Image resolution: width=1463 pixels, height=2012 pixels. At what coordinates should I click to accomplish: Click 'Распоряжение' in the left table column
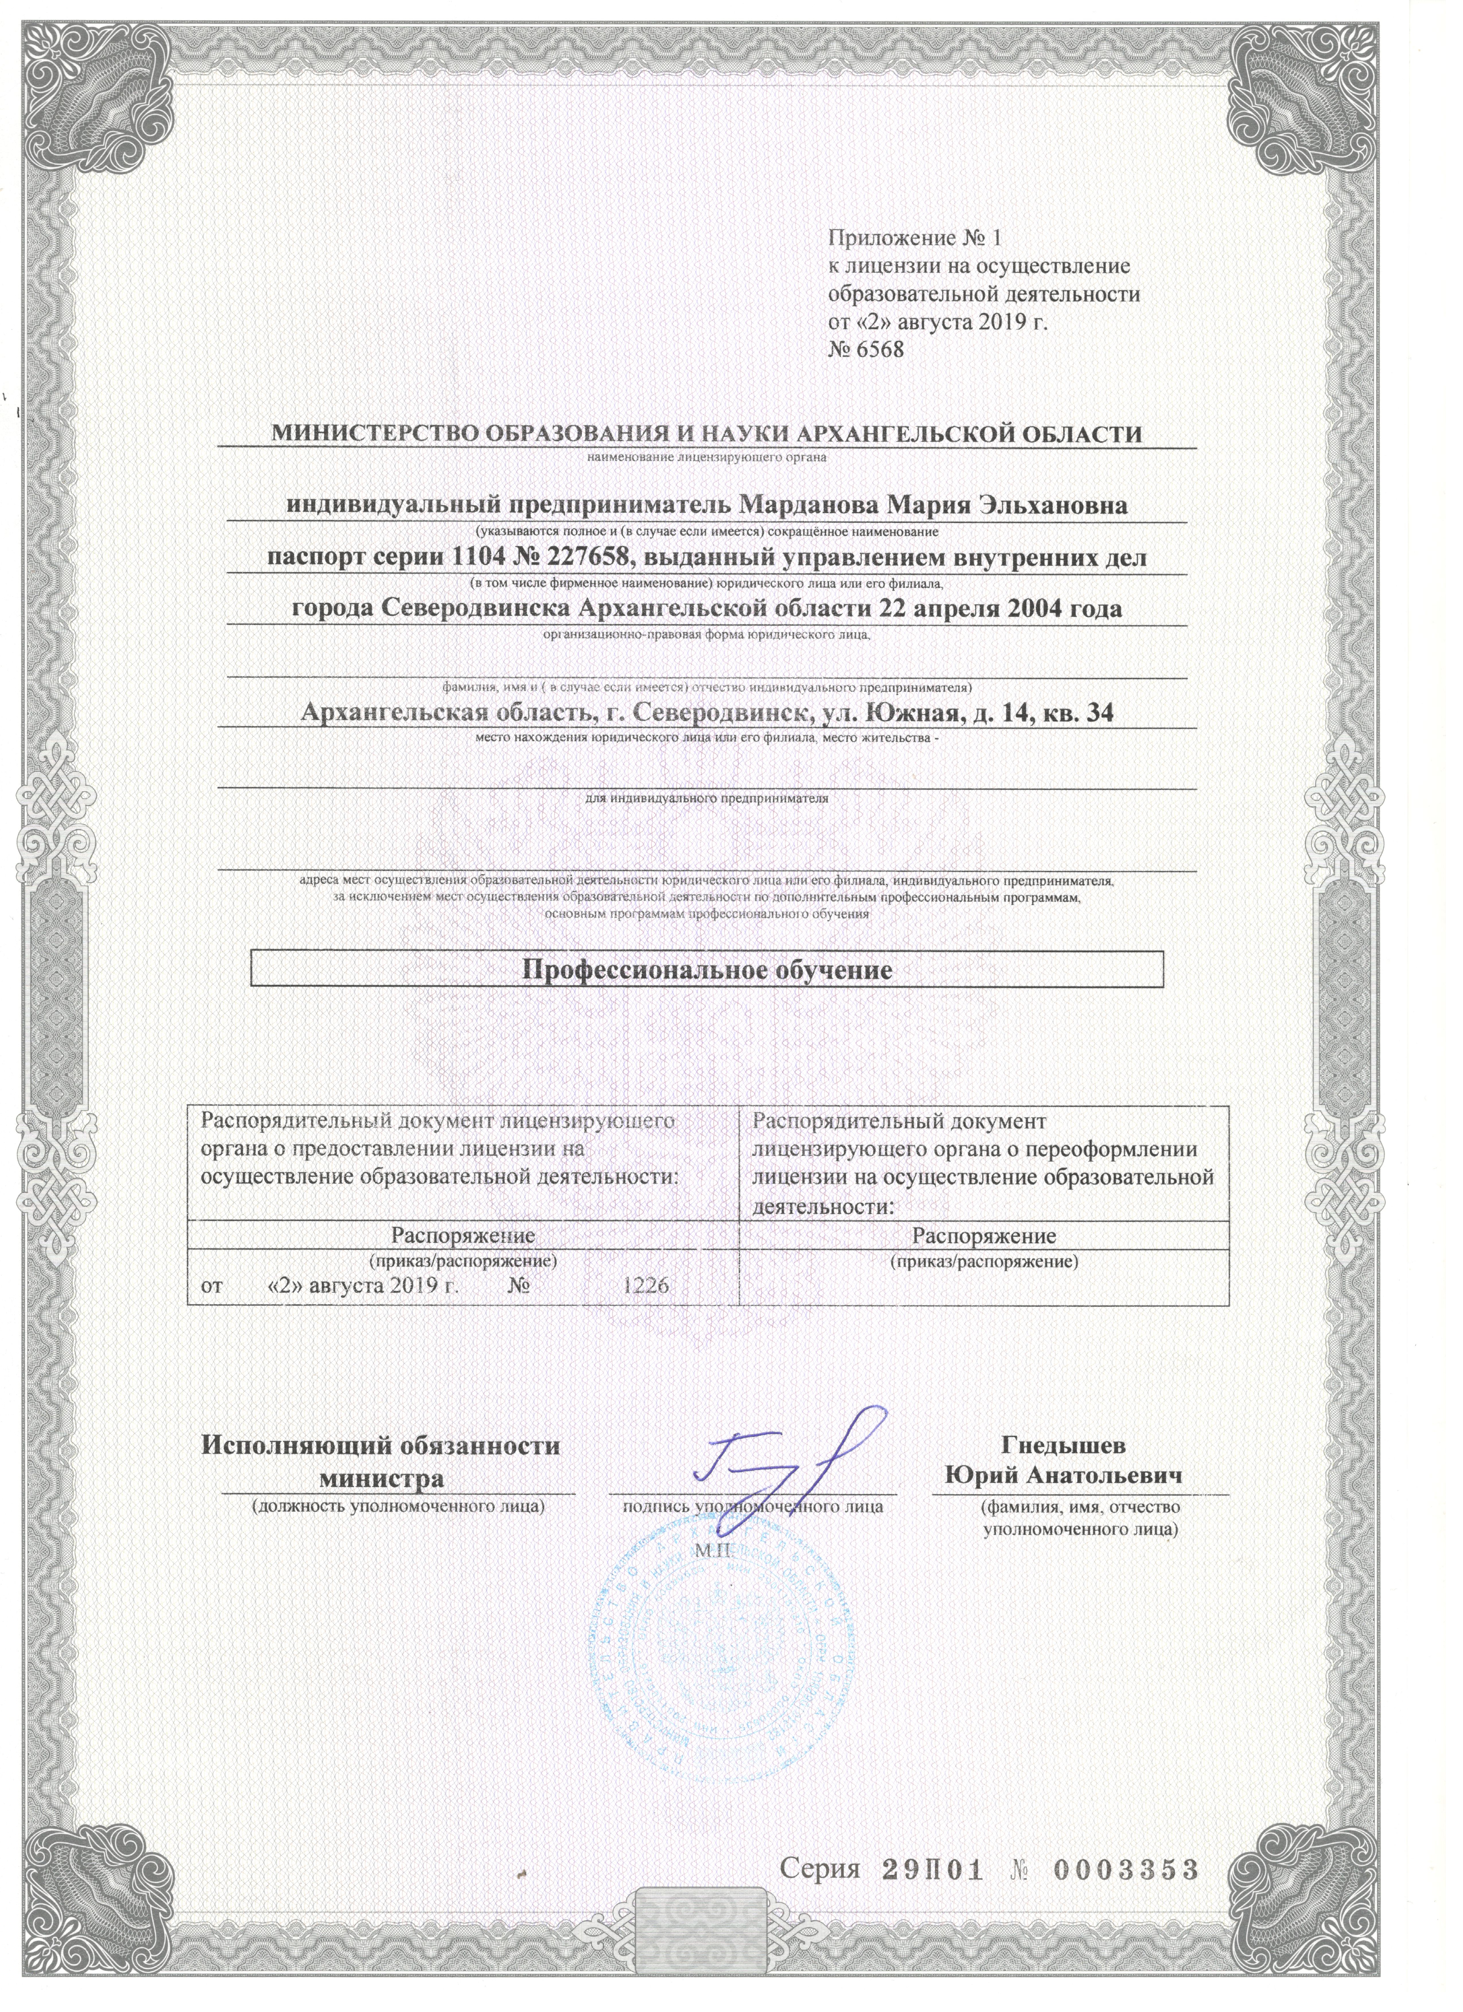coord(463,1235)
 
